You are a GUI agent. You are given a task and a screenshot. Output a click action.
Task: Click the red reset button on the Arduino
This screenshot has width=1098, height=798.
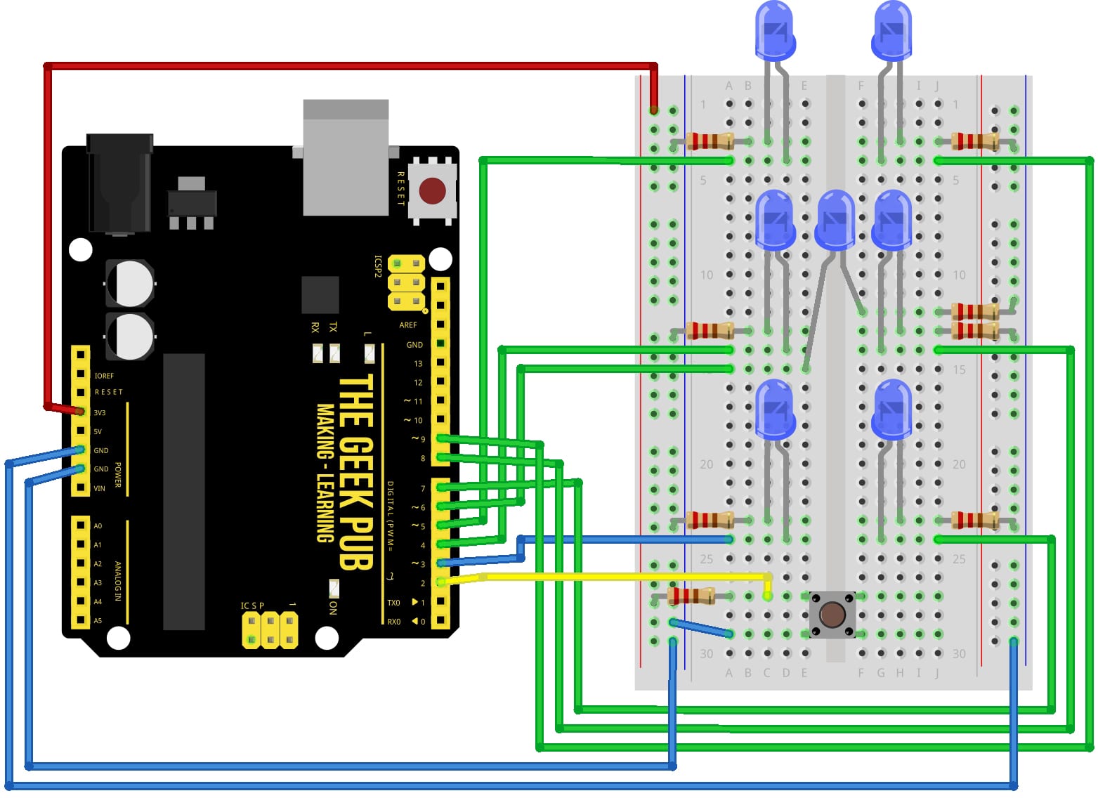click(431, 190)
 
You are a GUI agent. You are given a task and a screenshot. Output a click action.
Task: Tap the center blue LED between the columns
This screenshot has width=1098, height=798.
click(835, 219)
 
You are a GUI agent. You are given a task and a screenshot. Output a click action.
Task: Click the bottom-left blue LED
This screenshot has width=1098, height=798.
click(774, 409)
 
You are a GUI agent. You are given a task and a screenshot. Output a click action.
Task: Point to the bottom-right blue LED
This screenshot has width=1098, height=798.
click(892, 409)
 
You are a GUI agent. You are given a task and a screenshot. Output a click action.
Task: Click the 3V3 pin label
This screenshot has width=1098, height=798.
click(100, 413)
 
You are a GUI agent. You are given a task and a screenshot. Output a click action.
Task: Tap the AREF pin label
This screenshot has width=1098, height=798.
click(408, 325)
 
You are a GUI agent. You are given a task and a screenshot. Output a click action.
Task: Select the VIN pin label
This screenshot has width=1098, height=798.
click(99, 488)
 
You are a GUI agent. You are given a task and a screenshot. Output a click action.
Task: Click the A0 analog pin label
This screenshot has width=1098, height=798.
click(98, 526)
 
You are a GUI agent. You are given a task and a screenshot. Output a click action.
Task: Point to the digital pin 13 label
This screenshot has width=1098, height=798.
click(418, 364)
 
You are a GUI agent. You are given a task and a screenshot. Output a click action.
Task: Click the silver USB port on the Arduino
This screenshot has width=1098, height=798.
click(346, 158)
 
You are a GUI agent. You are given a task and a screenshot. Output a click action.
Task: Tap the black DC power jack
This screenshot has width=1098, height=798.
click(119, 183)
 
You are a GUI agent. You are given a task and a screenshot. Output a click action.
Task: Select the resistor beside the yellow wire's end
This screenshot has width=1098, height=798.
click(691, 597)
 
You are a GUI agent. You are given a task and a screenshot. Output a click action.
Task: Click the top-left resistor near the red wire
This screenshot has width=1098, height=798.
click(710, 141)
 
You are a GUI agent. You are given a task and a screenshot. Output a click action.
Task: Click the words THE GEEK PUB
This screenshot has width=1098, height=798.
click(355, 471)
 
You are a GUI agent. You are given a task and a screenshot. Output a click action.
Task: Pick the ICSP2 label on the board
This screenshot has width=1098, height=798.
click(378, 266)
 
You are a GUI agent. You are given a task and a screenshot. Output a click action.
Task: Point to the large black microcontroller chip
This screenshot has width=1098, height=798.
click(184, 492)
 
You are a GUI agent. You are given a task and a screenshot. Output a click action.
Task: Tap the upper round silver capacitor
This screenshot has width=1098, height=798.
click(130, 284)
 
